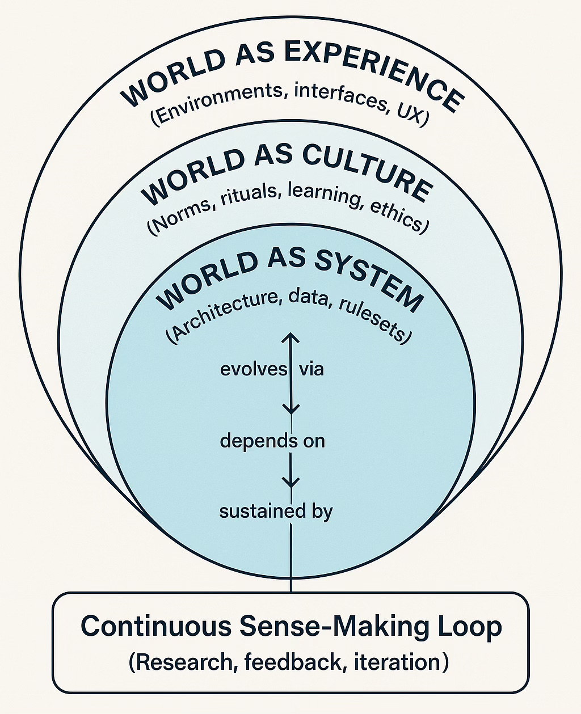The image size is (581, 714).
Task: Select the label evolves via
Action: point(272,369)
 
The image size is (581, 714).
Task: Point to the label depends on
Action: point(272,441)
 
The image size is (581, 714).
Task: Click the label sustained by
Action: point(276,512)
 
